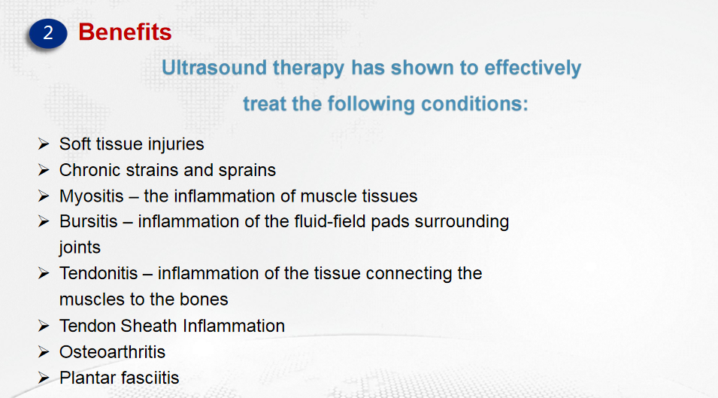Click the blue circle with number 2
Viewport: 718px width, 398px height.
click(48, 33)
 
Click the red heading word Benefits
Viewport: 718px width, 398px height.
click(125, 32)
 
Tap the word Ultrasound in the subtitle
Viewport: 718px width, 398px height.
click(214, 68)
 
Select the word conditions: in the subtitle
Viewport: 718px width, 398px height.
click(474, 104)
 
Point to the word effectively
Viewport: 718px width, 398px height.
click(532, 68)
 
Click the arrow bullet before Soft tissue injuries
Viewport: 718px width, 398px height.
click(44, 144)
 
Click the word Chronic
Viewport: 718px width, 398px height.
click(90, 170)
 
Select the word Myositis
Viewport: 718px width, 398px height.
click(92, 196)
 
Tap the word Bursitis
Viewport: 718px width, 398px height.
click(89, 222)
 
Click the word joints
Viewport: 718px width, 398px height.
click(80, 248)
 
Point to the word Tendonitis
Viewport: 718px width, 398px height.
click(98, 273)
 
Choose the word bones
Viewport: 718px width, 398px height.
click(204, 299)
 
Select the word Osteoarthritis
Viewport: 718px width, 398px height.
click(112, 352)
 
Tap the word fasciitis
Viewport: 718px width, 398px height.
click(150, 378)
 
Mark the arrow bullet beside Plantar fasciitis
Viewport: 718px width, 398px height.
click(44, 378)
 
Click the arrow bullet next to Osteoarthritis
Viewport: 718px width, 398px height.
click(44, 352)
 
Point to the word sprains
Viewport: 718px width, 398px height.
click(247, 171)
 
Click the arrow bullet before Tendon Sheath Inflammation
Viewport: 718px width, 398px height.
click(44, 326)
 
